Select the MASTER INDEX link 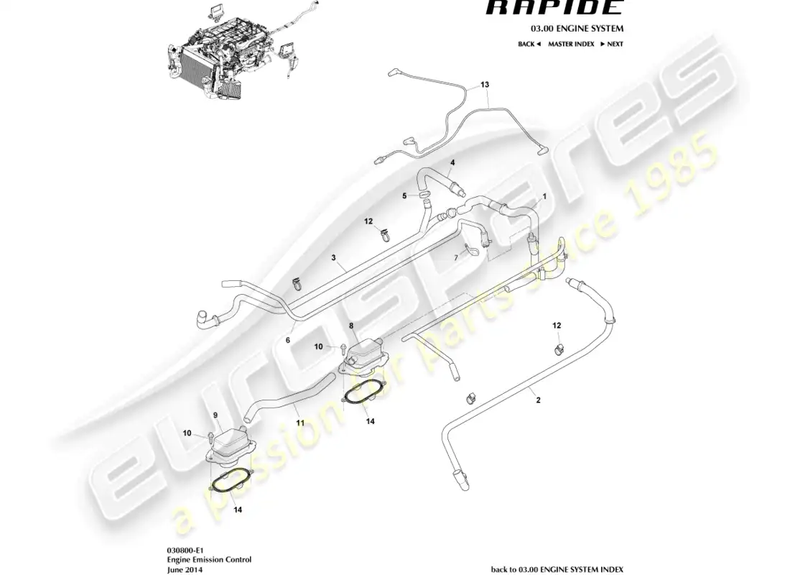click(571, 44)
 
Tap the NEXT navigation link click(612, 44)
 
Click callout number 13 click(485, 85)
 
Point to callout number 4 click(452, 164)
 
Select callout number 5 click(404, 195)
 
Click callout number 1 click(544, 196)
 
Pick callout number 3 click(333, 257)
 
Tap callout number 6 click(289, 341)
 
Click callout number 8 click(351, 326)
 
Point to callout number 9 click(214, 415)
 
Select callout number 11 click(300, 423)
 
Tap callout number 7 click(455, 257)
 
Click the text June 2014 click(185, 569)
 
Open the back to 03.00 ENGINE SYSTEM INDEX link click(557, 569)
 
